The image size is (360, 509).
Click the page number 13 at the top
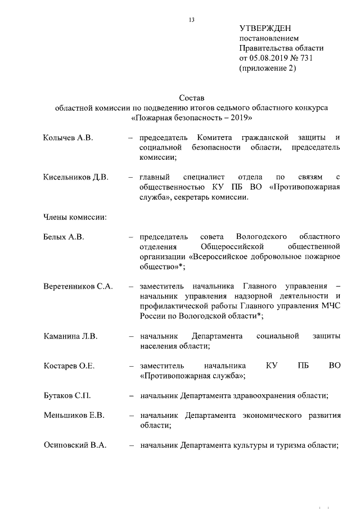191,20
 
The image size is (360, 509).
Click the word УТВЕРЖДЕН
265,28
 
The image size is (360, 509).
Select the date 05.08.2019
269,58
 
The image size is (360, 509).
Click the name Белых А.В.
64,237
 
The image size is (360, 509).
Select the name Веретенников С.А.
78,286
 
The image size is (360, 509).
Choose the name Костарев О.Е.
69,366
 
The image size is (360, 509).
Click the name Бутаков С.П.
67,396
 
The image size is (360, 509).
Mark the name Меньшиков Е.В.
74,416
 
